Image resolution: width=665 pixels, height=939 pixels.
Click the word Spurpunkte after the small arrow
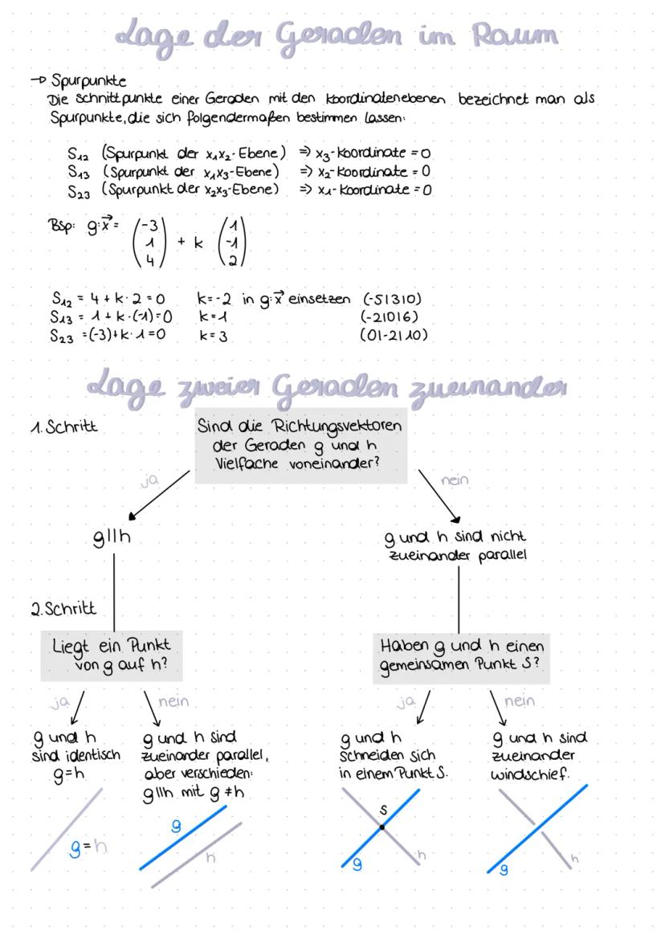point(88,81)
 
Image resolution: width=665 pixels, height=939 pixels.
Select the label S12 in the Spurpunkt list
point(78,153)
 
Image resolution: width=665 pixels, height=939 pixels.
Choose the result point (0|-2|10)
point(394,336)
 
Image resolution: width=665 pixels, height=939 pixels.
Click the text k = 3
point(214,336)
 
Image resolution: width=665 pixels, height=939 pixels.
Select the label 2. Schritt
point(63,609)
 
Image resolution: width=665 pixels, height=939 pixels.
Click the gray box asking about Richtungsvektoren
point(300,447)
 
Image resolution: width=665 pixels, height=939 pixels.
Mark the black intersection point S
point(381,827)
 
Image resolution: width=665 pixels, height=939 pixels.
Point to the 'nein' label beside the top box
point(455,480)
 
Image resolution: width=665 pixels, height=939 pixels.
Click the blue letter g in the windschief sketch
point(503,870)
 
